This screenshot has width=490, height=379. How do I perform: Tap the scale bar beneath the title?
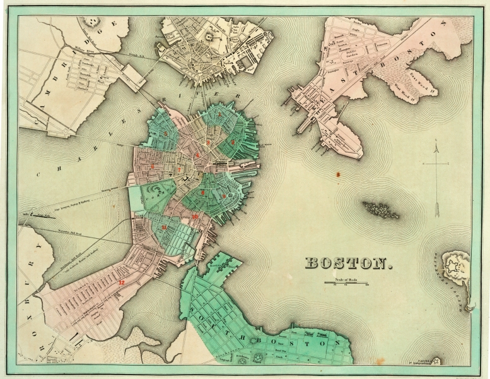tap(346, 282)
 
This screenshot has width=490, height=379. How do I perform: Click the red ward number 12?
tap(121, 282)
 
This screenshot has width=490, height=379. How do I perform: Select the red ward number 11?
tap(165, 226)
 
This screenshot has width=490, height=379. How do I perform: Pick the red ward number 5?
tap(165, 134)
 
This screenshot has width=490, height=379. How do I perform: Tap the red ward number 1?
tap(219, 116)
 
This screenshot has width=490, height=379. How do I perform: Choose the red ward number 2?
tap(233, 143)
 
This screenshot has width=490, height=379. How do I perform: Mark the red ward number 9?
tap(223, 196)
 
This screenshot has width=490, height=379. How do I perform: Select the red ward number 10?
tap(195, 217)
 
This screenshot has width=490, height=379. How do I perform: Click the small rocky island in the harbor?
tap(381, 210)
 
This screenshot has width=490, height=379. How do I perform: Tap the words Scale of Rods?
tap(346, 279)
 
